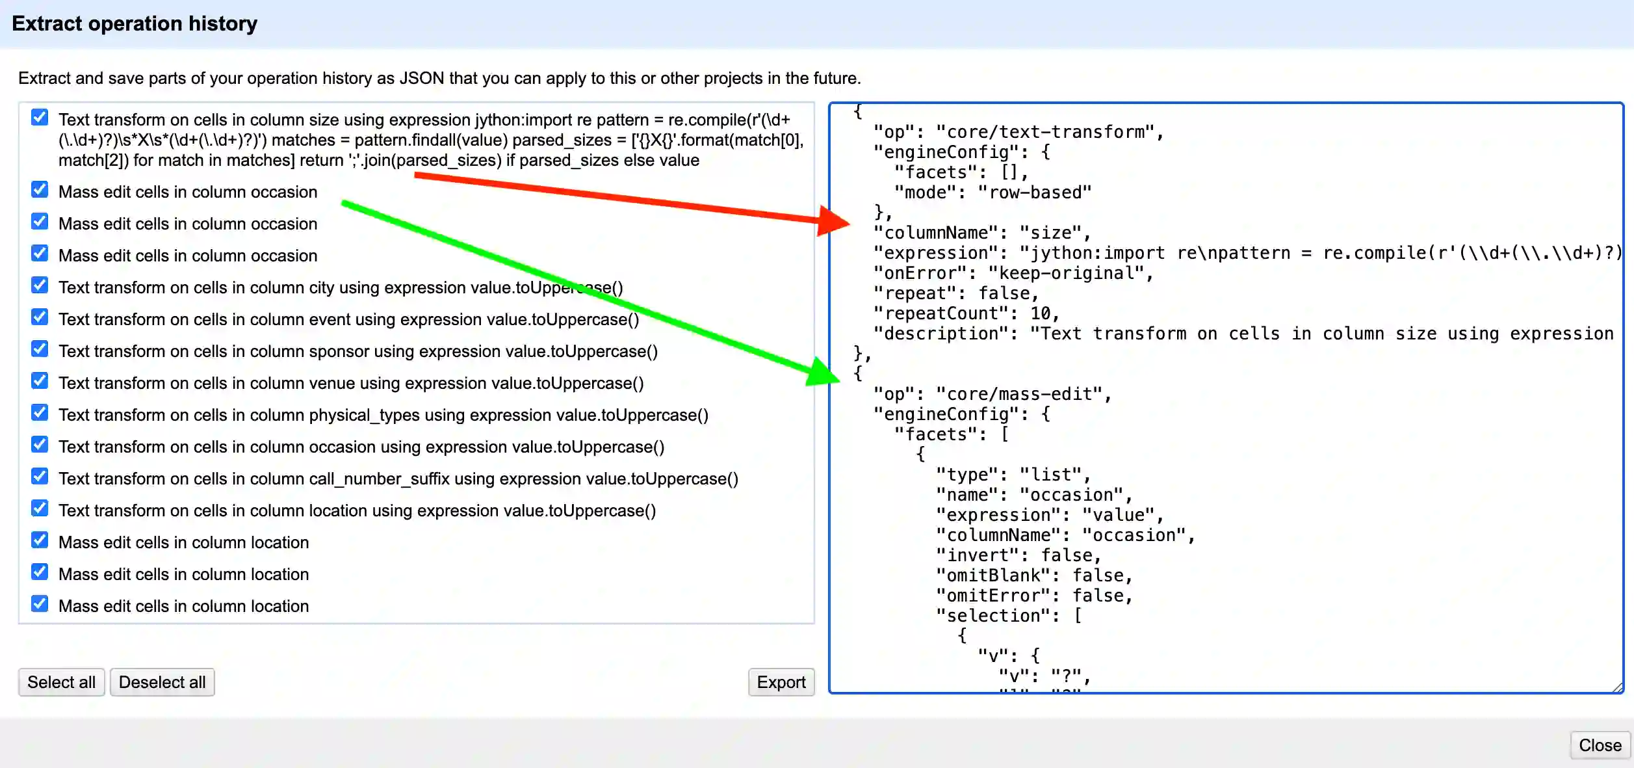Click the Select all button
pos(61,682)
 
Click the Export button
pos(781,682)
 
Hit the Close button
pos(1600,745)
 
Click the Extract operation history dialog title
pos(135,24)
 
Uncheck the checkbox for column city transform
pos(40,285)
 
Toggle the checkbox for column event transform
pos(40,317)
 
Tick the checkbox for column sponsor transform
pos(40,349)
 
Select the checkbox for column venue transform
pos(40,381)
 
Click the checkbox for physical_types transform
pos(40,413)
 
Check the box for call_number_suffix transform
pos(40,477)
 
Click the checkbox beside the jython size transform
pos(40,118)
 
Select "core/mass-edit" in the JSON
pos(1018,394)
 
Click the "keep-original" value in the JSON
pos(1065,273)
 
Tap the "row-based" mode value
pos(1034,192)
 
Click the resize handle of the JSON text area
pos(1617,687)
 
